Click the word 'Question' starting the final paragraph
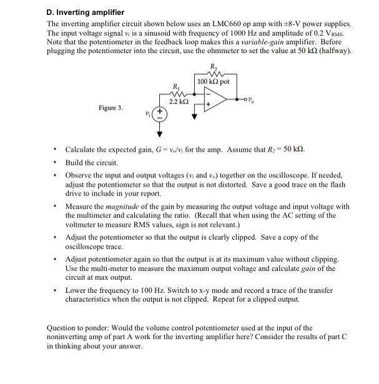(64, 328)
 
